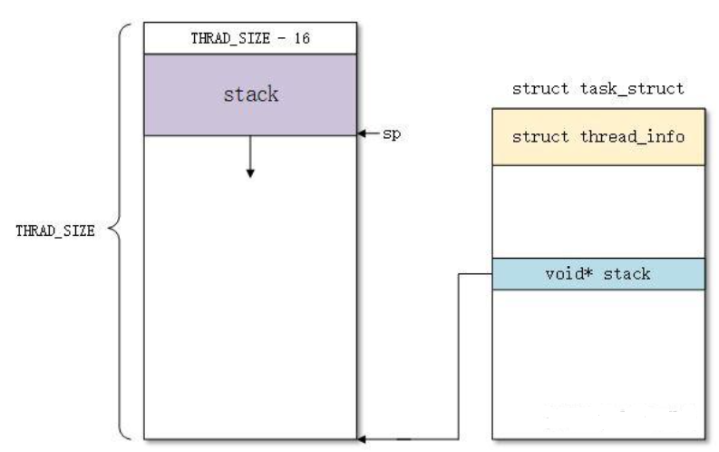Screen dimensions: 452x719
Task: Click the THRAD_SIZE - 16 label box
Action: (x=250, y=38)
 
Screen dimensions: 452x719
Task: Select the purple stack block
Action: (x=250, y=95)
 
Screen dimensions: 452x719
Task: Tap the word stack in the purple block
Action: (x=251, y=94)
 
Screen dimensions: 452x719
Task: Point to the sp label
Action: (x=389, y=134)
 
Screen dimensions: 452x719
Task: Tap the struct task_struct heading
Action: (x=598, y=89)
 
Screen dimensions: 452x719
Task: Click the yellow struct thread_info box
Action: (x=598, y=137)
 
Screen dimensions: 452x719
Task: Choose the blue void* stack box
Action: (x=598, y=273)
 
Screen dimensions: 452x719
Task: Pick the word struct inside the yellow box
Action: (x=541, y=137)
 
